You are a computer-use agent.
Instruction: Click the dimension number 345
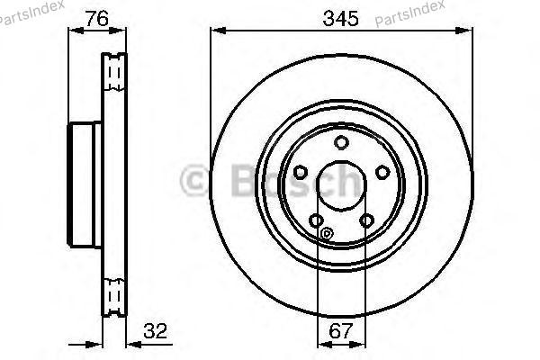tap(340, 18)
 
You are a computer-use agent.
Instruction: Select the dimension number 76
tap(97, 18)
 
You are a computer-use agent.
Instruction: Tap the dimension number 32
tap(156, 331)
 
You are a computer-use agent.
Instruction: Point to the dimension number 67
tap(340, 331)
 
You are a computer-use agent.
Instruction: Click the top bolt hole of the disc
tap(341, 142)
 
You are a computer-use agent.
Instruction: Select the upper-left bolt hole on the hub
tap(301, 172)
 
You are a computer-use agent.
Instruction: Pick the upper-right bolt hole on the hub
tap(382, 172)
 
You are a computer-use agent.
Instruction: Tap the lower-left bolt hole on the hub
tap(316, 220)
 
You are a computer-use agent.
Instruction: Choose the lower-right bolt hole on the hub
tap(366, 220)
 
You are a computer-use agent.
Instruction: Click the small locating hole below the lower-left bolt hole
tap(326, 234)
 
